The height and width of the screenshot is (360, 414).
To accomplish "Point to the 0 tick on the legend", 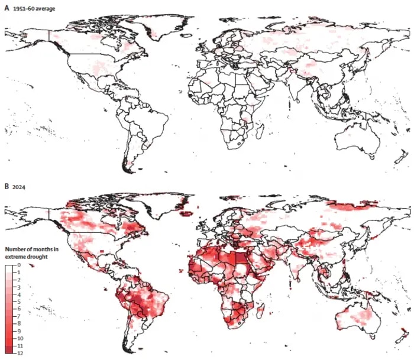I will pyautogui.click(x=20, y=265).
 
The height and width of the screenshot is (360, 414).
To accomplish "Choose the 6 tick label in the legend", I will pyautogui.click(x=20, y=309).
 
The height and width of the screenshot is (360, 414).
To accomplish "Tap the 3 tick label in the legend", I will pyautogui.click(x=20, y=287).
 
